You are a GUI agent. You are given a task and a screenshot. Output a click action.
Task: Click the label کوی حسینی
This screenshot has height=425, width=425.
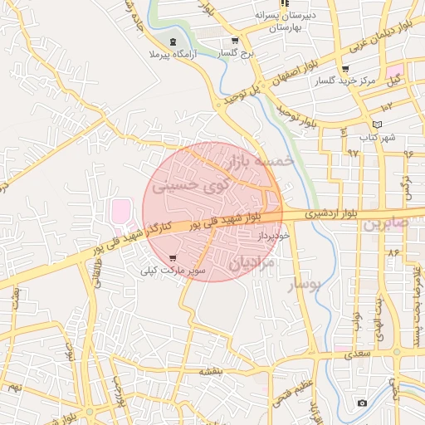[192, 186]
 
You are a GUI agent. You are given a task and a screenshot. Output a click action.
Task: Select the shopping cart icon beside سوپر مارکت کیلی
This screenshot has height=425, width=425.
[173, 258]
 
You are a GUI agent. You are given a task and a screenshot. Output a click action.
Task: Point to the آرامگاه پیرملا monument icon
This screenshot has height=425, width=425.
[172, 42]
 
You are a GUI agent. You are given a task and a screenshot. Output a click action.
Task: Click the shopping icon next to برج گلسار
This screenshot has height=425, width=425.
[235, 41]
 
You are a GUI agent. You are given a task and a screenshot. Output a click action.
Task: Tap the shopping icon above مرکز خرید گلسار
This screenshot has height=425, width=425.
[345, 69]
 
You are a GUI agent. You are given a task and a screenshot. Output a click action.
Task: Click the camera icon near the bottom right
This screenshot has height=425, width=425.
[361, 403]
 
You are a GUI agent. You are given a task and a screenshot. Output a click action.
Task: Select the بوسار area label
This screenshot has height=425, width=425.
[303, 286]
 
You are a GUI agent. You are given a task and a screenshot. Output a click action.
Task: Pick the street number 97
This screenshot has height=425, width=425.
[353, 153]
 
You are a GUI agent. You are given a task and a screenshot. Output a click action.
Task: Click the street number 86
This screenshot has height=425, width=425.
[393, 252]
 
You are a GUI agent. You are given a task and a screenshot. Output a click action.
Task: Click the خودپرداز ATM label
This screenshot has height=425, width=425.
[271, 237]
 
